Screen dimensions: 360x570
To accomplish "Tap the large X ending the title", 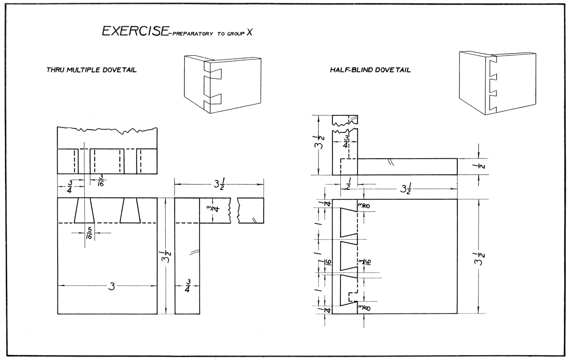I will click(249, 32).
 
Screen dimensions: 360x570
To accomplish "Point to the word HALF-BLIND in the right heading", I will click(349, 70).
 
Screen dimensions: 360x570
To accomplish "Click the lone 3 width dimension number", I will click(111, 286).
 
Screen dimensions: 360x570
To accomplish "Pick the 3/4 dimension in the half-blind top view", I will click(345, 141).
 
